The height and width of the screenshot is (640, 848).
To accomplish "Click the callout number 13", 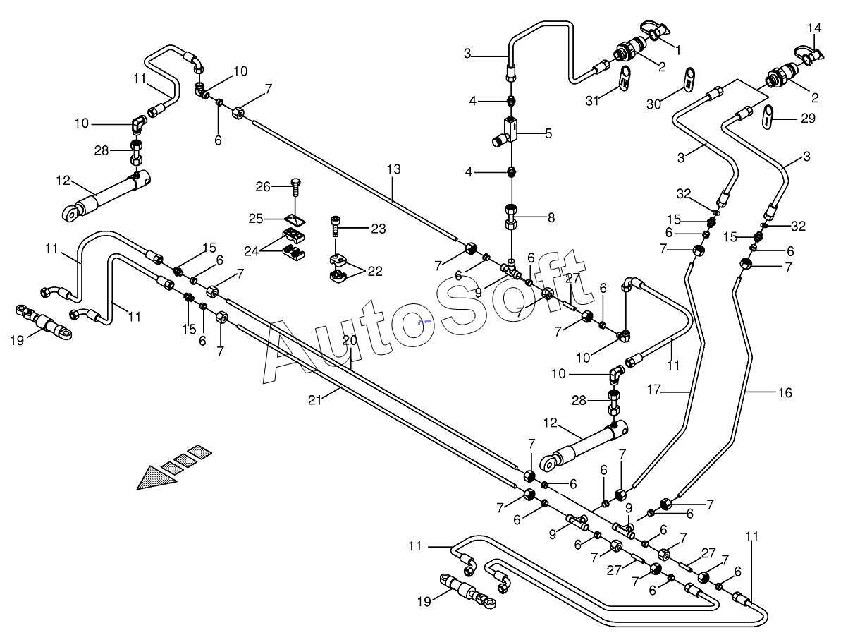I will pyautogui.click(x=393, y=169).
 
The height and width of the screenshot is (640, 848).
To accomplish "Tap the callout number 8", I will pyautogui.click(x=550, y=218).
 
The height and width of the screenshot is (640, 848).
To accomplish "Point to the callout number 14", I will pyautogui.click(x=814, y=28).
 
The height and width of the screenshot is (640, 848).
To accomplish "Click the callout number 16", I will pyautogui.click(x=785, y=392).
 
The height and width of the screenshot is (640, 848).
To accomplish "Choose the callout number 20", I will pyautogui.click(x=350, y=340).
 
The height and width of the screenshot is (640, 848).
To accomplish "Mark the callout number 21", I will pyautogui.click(x=314, y=400).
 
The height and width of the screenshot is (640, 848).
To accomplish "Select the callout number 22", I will pyautogui.click(x=375, y=272).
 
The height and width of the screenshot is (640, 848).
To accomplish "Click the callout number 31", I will pyautogui.click(x=592, y=101).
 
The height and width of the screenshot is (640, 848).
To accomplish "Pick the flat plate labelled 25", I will pyautogui.click(x=295, y=218).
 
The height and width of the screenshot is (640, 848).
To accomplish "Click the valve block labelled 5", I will pyautogui.click(x=510, y=129).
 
